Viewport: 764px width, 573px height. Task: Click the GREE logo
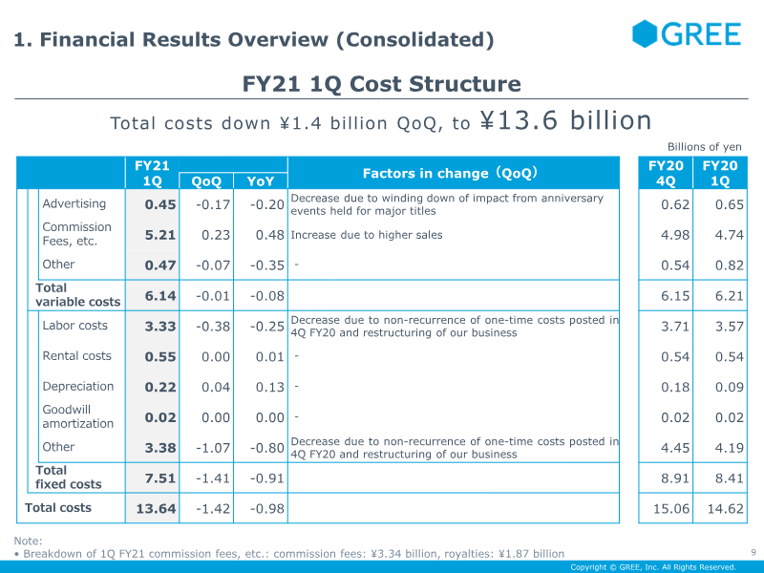tap(686, 34)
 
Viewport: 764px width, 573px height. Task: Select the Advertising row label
tap(74, 203)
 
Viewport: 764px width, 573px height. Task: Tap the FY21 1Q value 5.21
tap(160, 235)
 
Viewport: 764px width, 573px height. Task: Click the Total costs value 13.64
tap(156, 509)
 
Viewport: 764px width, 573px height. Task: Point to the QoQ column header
tap(206, 180)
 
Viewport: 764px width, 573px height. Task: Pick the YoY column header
tap(260, 180)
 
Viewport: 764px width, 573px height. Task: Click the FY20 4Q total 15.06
tap(670, 509)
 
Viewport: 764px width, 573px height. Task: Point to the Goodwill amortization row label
tap(77, 416)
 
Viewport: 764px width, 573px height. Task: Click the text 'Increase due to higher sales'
tap(367, 235)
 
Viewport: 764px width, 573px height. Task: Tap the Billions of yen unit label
tap(705, 146)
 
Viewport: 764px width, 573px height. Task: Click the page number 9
tap(753, 551)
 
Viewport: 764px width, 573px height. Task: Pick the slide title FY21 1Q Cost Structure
tap(382, 84)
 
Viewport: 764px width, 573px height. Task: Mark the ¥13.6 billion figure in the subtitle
tap(565, 120)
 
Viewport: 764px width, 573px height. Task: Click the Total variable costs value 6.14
tap(160, 296)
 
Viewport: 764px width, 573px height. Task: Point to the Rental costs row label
tap(76, 356)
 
